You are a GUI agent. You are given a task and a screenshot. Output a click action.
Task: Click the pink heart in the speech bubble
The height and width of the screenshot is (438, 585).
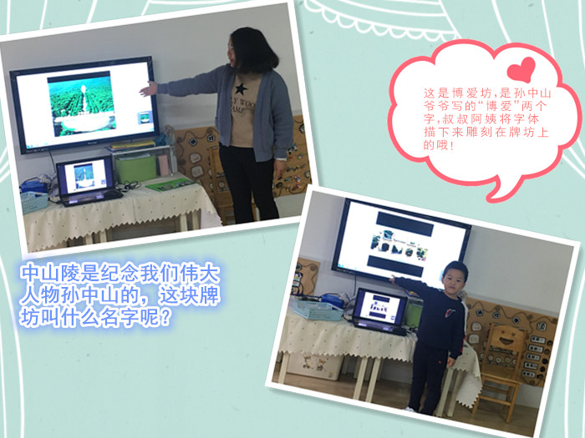pos(521,69)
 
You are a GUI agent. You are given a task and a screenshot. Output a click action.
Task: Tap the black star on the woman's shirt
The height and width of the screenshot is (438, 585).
pos(241,89)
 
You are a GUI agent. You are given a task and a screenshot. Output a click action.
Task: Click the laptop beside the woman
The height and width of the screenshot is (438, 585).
pos(88,181)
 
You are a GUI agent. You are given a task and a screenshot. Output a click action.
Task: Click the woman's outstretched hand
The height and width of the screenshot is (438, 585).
pos(149,89)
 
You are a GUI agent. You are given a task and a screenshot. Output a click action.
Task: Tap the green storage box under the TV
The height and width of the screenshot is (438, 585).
pos(135,169)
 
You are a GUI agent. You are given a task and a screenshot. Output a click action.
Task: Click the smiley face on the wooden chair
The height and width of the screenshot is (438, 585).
pos(507,339)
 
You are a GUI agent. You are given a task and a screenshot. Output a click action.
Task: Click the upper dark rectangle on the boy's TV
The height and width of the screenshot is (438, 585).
pos(404,224)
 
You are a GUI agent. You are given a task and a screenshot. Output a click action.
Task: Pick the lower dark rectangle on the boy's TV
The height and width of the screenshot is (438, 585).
pos(395,266)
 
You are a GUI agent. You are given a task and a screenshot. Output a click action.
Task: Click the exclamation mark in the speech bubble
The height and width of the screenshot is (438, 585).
pos(453,144)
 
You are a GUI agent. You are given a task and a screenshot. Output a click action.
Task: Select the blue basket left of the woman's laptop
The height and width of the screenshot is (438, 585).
pos(34,201)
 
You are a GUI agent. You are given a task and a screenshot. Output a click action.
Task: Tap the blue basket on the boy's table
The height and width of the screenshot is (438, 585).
pos(318,310)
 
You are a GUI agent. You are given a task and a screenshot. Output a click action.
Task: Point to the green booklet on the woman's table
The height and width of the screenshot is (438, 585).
pos(170,184)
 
